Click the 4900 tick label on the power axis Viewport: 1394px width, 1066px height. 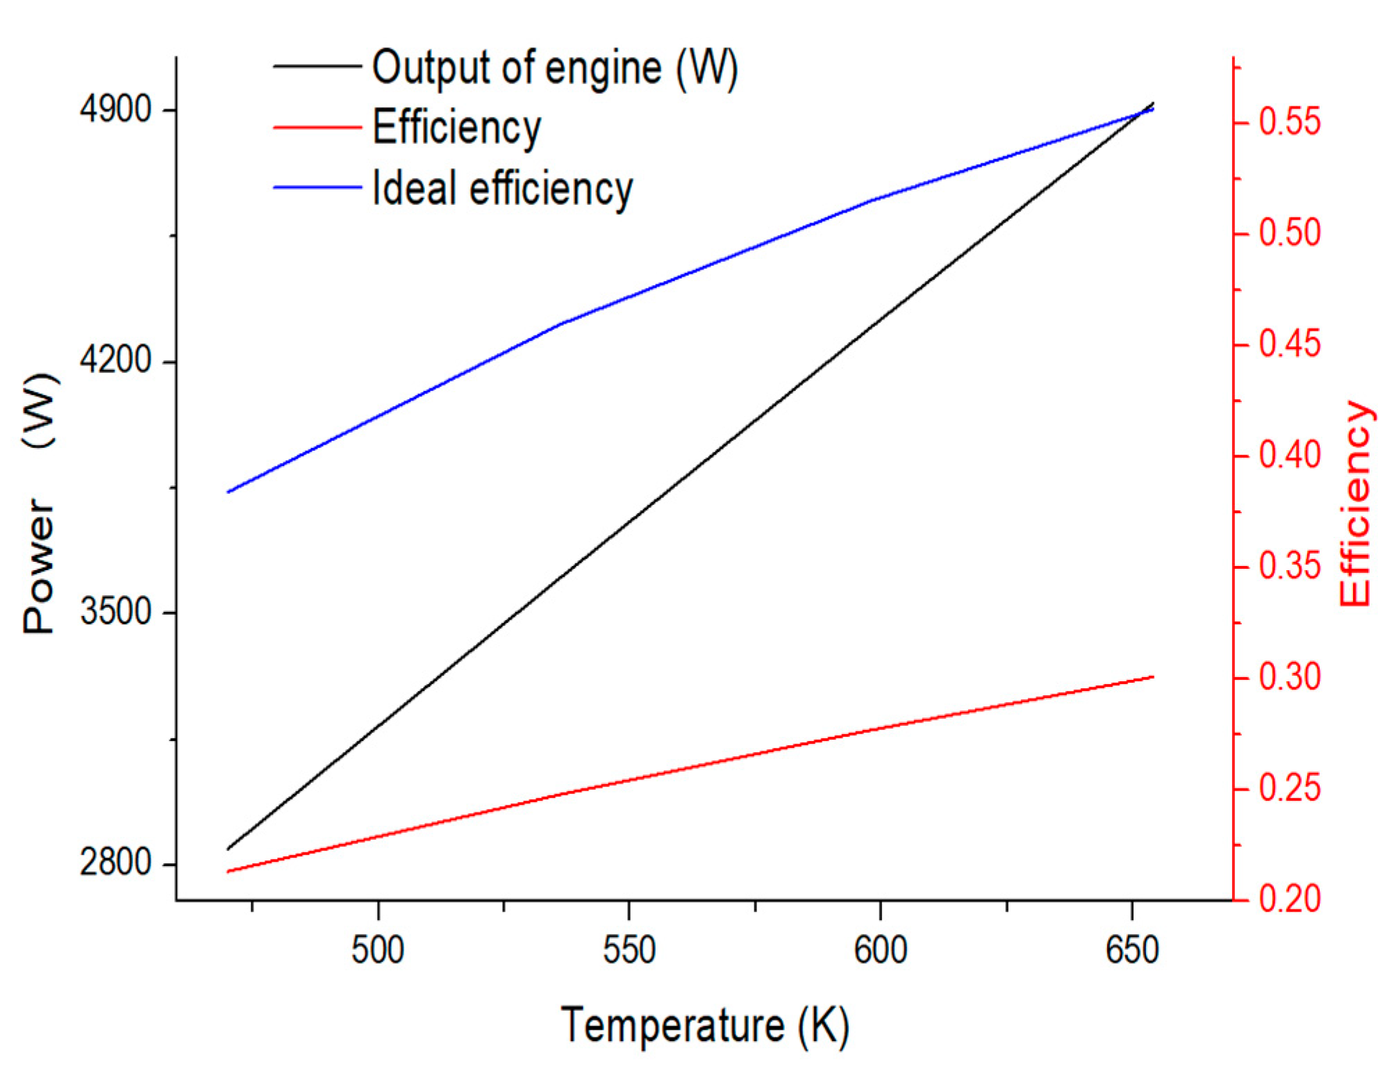tap(115, 110)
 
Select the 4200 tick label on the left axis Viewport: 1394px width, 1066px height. tap(115, 360)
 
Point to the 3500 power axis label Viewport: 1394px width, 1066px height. tap(115, 612)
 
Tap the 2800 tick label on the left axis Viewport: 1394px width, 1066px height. tap(115, 863)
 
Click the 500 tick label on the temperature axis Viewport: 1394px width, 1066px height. tap(377, 950)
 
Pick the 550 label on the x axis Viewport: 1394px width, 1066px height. tap(629, 950)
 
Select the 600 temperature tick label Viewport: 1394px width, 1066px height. tap(880, 950)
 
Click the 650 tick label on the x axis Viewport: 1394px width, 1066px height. tap(1132, 950)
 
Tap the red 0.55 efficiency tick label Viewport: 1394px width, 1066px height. tap(1290, 122)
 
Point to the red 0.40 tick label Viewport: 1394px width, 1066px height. tap(1290, 455)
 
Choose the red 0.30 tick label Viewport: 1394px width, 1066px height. tap(1290, 677)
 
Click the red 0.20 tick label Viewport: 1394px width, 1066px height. tap(1290, 899)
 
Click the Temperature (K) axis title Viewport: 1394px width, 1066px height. tap(705, 1026)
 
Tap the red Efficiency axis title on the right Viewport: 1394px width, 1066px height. tap(1355, 503)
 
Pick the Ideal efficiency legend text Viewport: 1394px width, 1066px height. tap(502, 188)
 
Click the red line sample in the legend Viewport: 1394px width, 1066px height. tap(317, 128)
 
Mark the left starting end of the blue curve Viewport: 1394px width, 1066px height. tap(228, 492)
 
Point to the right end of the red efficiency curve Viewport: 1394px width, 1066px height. tap(1153, 676)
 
